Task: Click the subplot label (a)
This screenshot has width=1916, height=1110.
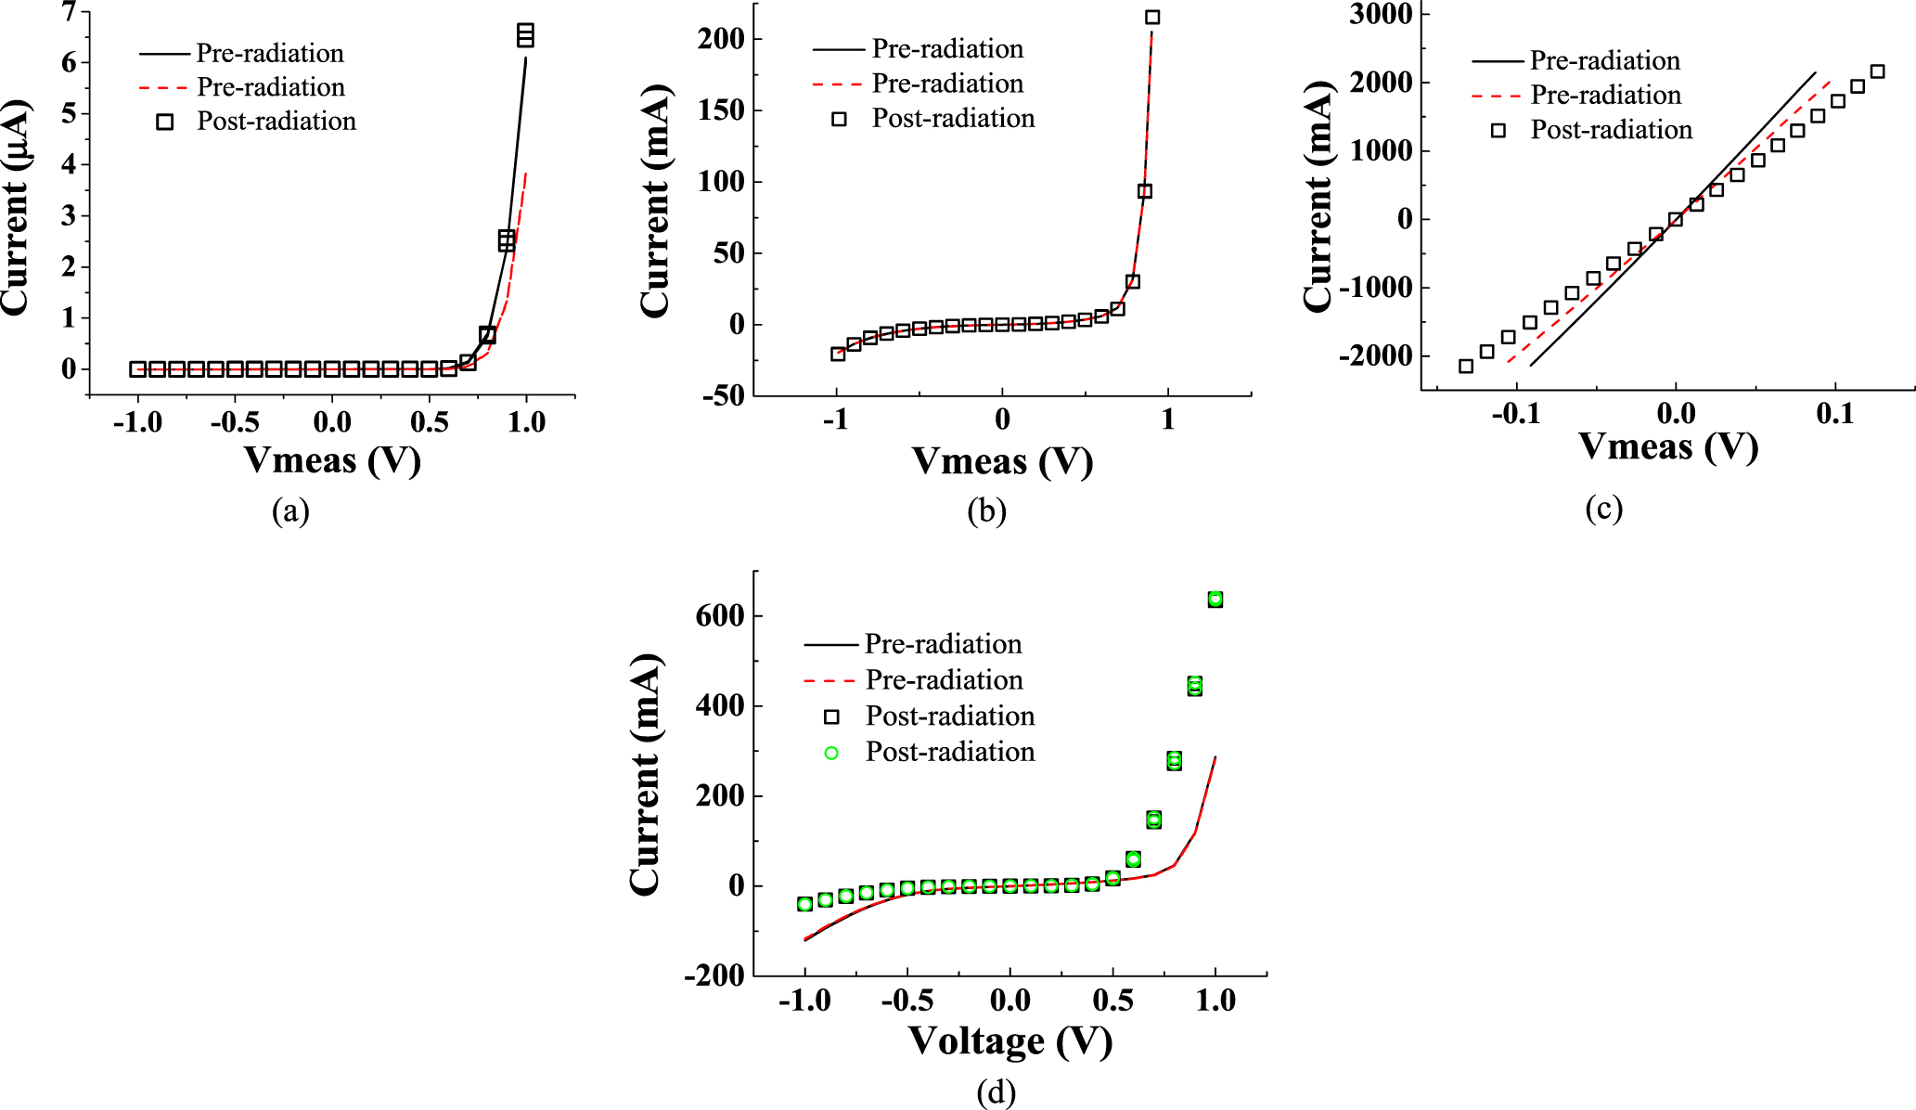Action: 290,510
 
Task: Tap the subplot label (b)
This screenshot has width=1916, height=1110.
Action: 986,510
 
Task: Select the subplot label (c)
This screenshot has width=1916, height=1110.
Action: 1603,508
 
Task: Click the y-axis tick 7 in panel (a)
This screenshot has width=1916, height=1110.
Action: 69,12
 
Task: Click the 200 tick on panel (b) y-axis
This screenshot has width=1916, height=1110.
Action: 723,38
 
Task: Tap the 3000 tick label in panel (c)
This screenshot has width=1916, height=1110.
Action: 1382,14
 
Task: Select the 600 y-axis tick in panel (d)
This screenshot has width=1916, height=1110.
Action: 719,615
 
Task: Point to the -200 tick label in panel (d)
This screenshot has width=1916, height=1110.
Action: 714,975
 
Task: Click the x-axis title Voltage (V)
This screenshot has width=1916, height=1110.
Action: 1010,1040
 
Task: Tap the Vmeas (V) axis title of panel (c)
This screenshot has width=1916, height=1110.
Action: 1668,446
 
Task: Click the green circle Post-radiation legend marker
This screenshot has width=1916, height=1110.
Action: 831,753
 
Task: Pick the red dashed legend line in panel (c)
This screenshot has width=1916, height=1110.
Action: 1497,96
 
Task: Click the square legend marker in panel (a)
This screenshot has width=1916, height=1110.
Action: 164,122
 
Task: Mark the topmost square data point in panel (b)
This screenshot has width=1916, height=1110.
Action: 1152,17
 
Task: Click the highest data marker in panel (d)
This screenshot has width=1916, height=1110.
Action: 1215,600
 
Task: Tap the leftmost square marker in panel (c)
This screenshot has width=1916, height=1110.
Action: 1466,367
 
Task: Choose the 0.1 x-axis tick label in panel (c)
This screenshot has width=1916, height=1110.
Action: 1834,414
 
